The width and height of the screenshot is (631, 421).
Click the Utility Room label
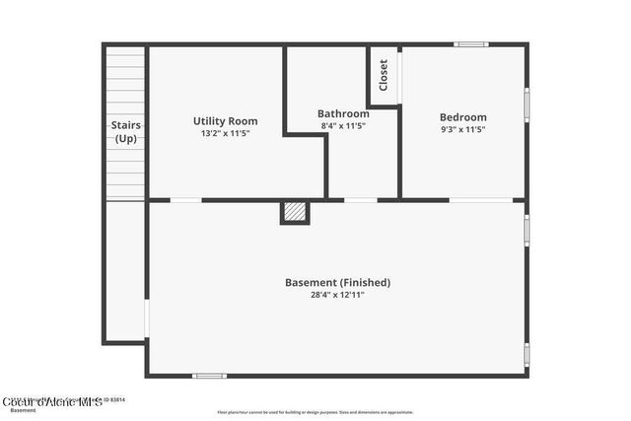pos(225,121)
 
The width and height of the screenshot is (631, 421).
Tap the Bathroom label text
pos(343,113)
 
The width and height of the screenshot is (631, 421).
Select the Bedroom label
pos(462,117)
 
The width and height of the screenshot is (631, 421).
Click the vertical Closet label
pos(384,74)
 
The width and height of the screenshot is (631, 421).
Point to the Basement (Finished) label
pos(337,282)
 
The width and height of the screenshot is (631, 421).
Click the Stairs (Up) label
pos(125,131)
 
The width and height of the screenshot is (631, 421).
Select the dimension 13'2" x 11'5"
pos(225,133)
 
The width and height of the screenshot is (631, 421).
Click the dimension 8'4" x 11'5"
pos(343,126)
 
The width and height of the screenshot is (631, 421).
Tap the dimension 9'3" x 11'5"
pos(462,129)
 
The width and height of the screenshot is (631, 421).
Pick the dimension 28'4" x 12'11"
pos(337,294)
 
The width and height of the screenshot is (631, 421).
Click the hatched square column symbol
pos(295,211)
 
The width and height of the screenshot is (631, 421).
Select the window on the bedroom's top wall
pos(470,44)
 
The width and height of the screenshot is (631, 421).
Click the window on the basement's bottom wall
pos(209,375)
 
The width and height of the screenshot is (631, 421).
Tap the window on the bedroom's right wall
pos(526,103)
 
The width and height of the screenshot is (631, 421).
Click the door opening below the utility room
pos(185,200)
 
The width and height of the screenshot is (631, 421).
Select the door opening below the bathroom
pos(360,200)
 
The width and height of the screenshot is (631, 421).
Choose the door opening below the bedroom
pos(480,200)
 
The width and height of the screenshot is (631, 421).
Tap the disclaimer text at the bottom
pos(315,412)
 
